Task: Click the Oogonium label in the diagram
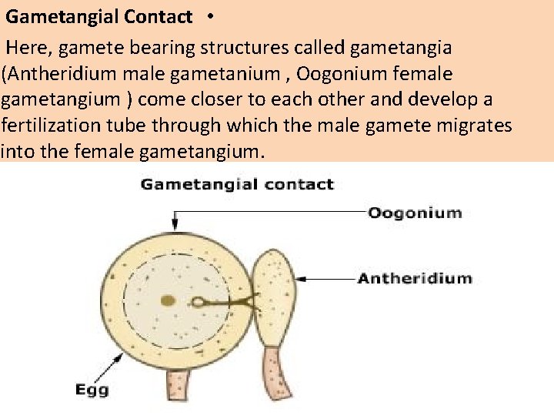[415, 213]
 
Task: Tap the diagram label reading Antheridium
[415, 278]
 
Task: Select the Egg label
[92, 390]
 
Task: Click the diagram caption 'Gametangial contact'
[237, 185]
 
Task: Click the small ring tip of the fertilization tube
[199, 303]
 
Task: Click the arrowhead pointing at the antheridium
[301, 278]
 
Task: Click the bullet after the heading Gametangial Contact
[210, 16]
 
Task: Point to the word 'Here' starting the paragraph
[28, 48]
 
